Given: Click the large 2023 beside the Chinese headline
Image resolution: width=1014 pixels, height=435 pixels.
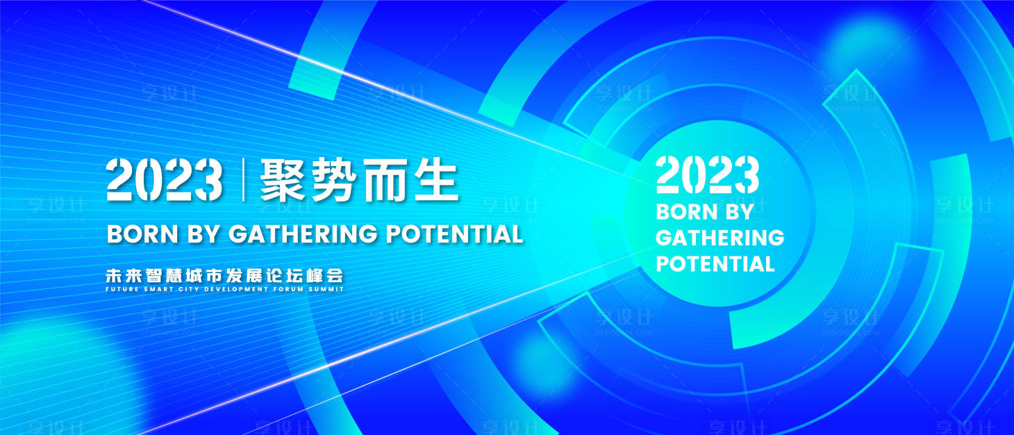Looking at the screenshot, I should click(165, 179).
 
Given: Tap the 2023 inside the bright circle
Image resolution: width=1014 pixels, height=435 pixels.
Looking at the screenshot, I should click(707, 174).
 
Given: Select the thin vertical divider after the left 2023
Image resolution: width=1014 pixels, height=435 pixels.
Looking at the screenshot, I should click(242, 179).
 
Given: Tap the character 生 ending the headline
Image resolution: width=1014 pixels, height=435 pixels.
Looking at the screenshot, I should click(435, 179).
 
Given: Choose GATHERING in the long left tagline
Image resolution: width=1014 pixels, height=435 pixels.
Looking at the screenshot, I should click(303, 234).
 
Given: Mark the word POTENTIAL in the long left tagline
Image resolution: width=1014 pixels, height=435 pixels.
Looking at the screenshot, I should click(454, 234).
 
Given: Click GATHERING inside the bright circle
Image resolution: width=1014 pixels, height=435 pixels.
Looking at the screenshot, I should click(720, 238).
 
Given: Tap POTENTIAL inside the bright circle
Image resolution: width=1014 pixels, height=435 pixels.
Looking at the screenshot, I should click(715, 264).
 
